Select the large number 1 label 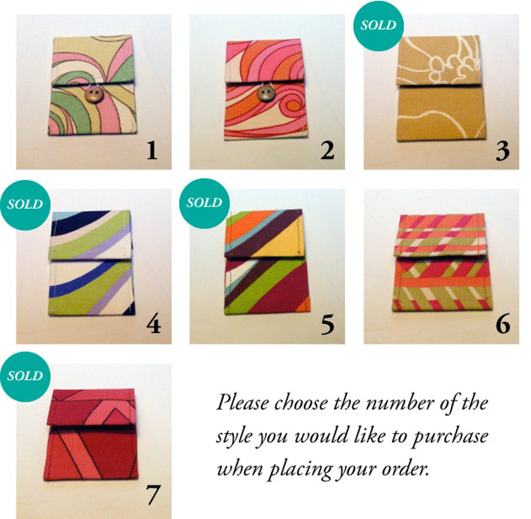pyautogui.click(x=151, y=150)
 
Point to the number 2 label pyautogui.click(x=327, y=150)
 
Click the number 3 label pyautogui.click(x=502, y=150)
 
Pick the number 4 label pyautogui.click(x=153, y=324)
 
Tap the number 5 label pyautogui.click(x=327, y=324)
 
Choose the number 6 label pyautogui.click(x=503, y=324)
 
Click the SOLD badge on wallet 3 pyautogui.click(x=378, y=25)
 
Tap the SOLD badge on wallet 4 pyautogui.click(x=25, y=204)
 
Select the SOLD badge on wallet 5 pyautogui.click(x=204, y=203)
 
